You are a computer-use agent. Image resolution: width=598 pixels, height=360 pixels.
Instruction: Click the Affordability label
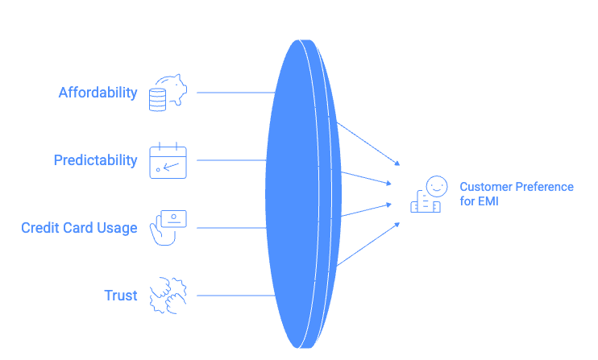(98, 93)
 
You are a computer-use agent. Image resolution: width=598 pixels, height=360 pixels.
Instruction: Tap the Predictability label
(95, 160)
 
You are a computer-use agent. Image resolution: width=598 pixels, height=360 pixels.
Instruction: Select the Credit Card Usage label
(79, 228)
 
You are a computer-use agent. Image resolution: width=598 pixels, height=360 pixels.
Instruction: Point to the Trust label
(121, 296)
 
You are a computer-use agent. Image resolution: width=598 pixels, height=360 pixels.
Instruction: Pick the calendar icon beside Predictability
(168, 160)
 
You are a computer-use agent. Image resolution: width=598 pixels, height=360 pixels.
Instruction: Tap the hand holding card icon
(168, 227)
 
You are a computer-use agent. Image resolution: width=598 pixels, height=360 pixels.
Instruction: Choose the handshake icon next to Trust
(168, 295)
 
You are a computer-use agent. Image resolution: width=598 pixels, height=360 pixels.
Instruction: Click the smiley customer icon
(428, 194)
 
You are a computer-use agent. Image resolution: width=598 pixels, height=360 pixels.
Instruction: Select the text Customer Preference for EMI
(516, 194)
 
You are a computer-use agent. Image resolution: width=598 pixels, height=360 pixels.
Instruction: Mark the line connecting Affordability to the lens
(234, 93)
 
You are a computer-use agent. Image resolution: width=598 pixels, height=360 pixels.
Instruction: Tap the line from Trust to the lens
(234, 296)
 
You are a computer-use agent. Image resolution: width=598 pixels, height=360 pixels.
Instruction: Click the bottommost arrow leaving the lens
(367, 244)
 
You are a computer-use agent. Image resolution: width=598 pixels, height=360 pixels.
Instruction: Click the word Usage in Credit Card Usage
(118, 228)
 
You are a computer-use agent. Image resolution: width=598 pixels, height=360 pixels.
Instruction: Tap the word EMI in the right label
(488, 201)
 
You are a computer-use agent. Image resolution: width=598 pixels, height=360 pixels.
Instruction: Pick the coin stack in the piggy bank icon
(158, 99)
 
